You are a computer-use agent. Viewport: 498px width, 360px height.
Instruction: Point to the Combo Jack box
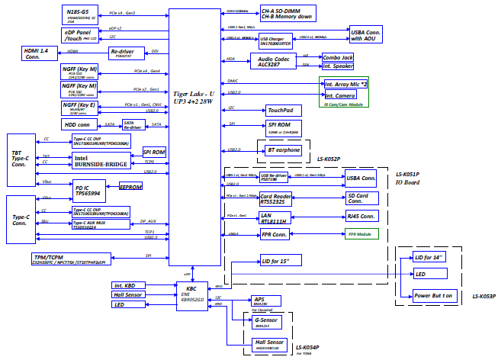337,57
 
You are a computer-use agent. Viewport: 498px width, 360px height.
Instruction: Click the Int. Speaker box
338,67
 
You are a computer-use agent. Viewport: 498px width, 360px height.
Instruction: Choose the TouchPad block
280,111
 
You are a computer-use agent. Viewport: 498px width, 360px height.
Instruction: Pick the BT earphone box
282,151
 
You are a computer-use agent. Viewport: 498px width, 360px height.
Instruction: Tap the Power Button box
432,294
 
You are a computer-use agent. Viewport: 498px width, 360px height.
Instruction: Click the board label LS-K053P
483,296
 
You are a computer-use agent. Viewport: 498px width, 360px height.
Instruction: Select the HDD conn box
80,124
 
